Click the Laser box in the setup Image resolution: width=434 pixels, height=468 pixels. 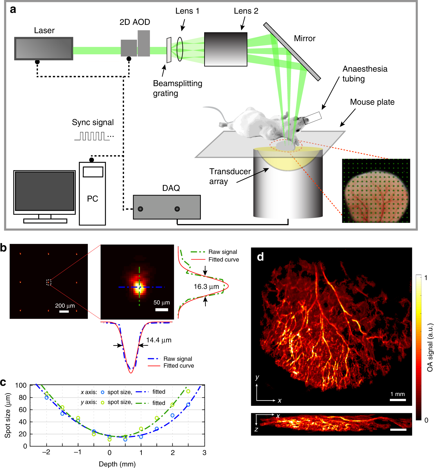(x=44, y=48)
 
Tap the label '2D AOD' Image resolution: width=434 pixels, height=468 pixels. (x=135, y=22)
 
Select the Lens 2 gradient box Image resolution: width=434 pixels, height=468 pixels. (x=226, y=49)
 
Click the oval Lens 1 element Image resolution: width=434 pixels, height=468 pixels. (x=180, y=49)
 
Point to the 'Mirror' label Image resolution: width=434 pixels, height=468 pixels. (x=305, y=38)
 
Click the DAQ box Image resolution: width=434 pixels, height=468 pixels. (x=167, y=207)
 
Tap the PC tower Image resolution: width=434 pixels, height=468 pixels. (x=92, y=193)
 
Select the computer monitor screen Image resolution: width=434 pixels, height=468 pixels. (x=44, y=191)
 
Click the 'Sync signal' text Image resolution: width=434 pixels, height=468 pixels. (x=93, y=122)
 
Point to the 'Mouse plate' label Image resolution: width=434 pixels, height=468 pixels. (x=372, y=102)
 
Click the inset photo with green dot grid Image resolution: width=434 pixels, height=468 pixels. (x=376, y=191)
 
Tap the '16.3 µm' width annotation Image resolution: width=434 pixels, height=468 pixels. (x=206, y=286)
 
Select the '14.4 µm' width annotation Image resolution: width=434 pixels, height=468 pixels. (x=159, y=340)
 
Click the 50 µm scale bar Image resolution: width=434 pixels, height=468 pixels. (x=162, y=310)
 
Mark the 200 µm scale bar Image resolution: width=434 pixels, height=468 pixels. (x=64, y=312)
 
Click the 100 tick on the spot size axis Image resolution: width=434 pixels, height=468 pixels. (x=21, y=385)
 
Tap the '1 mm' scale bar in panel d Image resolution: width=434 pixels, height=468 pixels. (x=398, y=400)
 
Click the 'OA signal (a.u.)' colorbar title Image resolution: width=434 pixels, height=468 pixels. (x=430, y=347)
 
